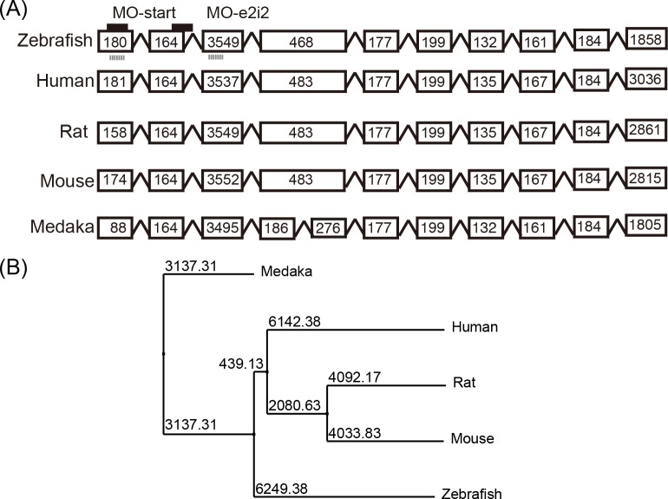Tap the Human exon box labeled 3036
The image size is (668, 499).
[645, 81]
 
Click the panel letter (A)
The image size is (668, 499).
[16, 11]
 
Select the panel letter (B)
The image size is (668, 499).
[16, 262]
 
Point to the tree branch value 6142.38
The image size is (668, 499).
[295, 321]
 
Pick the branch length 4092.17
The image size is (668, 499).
[356, 377]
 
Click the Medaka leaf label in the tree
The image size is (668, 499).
[285, 272]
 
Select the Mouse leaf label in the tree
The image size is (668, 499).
[472, 439]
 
